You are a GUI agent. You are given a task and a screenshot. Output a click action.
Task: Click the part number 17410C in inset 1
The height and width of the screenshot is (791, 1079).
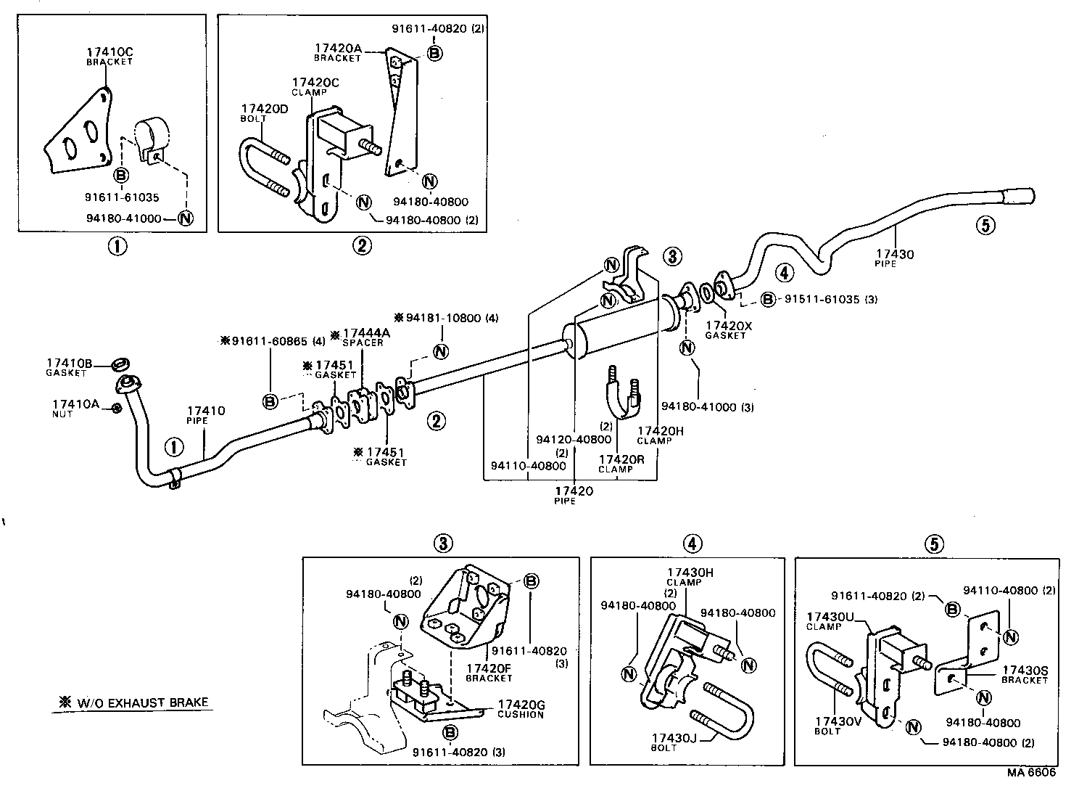(x=109, y=52)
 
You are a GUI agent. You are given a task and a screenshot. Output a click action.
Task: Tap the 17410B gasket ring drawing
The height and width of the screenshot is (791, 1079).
(x=122, y=363)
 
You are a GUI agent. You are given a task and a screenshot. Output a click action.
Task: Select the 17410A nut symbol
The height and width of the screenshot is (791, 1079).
(x=116, y=409)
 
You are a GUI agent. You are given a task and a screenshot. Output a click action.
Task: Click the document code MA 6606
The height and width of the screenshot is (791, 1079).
(x=1030, y=773)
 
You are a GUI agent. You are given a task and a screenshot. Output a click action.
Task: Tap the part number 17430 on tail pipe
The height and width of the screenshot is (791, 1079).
(x=894, y=254)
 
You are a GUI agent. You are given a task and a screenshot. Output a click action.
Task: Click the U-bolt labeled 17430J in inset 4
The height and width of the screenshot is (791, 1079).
(x=714, y=712)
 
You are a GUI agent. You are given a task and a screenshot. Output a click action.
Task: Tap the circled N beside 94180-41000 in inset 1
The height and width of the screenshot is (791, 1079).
(x=185, y=217)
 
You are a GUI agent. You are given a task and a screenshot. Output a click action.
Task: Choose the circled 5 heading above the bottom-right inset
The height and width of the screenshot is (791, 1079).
(x=933, y=543)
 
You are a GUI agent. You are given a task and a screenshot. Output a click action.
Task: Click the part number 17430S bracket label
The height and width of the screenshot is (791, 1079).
(x=1025, y=670)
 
